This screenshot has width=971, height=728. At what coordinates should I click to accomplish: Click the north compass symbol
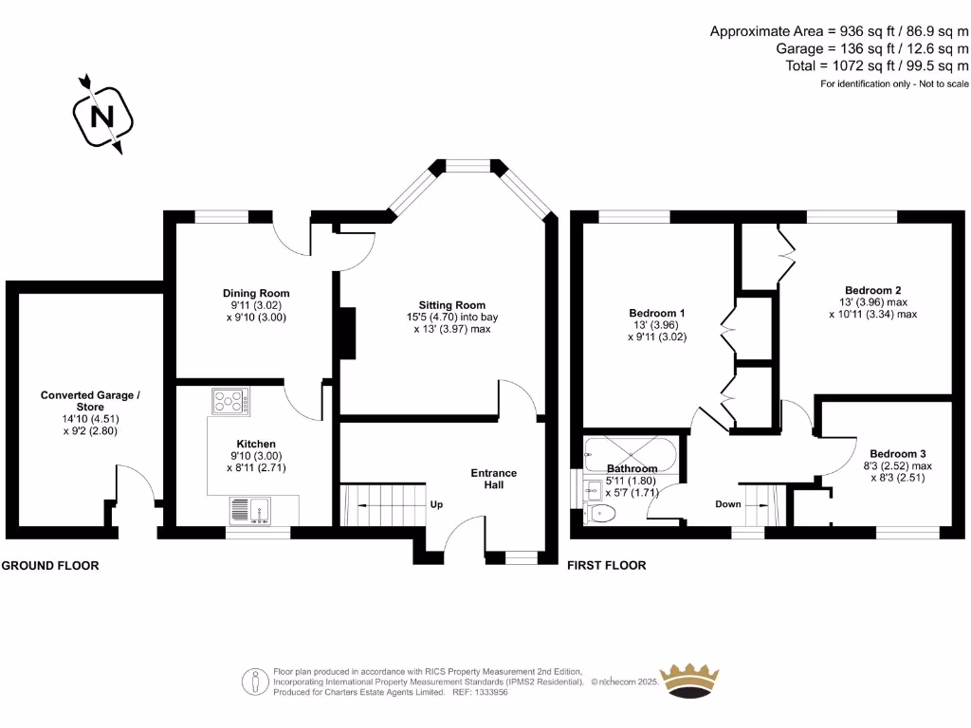pos(102,116)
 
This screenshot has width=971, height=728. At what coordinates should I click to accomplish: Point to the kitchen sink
pos(249,511)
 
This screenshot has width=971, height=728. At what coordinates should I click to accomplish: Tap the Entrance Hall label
pos(494,479)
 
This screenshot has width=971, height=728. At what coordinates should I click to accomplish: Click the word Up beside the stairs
pos(437,504)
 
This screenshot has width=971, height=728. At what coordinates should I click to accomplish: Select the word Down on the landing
pos(728,504)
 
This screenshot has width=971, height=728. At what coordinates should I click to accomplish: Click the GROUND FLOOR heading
pos(50,566)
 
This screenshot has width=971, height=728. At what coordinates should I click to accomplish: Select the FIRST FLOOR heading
pos(607,566)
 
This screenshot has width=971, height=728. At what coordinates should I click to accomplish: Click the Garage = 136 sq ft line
pos(873,48)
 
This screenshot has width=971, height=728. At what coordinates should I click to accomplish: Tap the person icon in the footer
pos(257,681)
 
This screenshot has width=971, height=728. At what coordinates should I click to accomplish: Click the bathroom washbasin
pos(593,489)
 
